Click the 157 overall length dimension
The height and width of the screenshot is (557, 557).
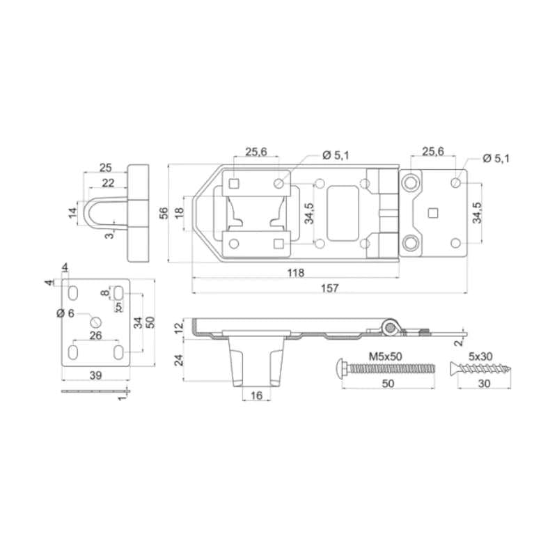tap(329, 288)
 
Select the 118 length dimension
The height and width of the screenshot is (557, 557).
tap(296, 272)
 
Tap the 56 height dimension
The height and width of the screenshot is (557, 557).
tap(164, 213)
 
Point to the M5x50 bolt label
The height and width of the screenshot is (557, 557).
tap(386, 356)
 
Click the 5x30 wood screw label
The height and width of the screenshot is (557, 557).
tap(480, 356)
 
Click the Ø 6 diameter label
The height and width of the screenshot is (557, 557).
tap(65, 313)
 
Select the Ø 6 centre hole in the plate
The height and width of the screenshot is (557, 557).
tap(95, 322)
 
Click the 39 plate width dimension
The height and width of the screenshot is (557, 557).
tap(95, 375)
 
